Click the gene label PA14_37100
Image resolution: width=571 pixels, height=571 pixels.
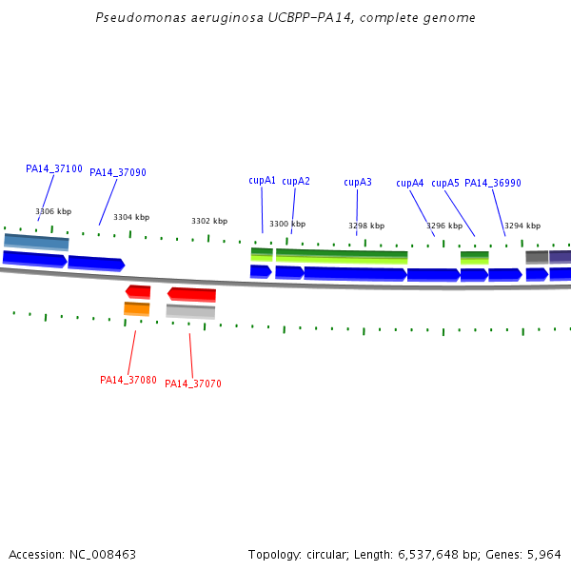(54, 168)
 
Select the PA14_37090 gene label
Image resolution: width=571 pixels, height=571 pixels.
(118, 173)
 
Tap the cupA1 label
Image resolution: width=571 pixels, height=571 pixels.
(263, 181)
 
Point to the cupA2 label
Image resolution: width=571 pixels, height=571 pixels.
(296, 181)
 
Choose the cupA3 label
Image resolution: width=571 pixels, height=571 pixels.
(358, 182)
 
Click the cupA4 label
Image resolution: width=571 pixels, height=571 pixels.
(410, 184)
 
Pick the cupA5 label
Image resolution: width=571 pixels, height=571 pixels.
(445, 184)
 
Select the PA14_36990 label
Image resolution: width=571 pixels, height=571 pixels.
(493, 184)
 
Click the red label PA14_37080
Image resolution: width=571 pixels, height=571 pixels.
(128, 380)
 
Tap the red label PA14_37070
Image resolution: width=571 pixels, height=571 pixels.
(193, 384)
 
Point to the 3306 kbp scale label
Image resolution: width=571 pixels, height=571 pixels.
(53, 212)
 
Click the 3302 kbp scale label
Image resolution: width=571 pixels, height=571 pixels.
(209, 221)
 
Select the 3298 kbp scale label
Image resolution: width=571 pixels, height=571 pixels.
(366, 226)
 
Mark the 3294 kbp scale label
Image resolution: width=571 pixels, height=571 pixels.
(522, 226)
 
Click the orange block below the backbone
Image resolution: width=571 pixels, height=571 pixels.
(137, 308)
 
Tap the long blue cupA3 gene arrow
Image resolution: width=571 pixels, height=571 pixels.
(355, 274)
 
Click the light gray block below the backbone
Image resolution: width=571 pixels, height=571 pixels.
(190, 311)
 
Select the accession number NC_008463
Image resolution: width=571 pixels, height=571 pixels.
(102, 554)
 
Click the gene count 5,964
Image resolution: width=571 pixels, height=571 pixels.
(542, 554)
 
